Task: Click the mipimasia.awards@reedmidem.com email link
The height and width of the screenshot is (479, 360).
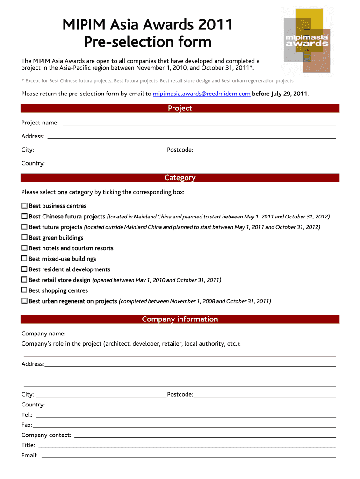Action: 202,94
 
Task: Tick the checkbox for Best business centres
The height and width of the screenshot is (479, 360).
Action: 24,206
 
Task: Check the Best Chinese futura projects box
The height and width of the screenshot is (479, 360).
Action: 24,217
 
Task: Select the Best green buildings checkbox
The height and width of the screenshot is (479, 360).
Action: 24,238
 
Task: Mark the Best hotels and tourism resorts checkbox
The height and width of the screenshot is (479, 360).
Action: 24,248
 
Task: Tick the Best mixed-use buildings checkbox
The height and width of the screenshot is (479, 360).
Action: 24,259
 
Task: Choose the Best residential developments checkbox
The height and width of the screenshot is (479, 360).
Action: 24,269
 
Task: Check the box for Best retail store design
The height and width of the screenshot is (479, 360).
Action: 24,280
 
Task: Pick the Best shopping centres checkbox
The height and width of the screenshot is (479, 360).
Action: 24,290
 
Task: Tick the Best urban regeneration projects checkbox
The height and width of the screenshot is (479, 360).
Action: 24,301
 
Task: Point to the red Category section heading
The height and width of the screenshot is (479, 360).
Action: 180,178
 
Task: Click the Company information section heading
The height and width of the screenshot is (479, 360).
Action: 180,319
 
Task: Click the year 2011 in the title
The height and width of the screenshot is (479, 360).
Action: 215,25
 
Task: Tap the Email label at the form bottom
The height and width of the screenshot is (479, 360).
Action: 29,456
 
